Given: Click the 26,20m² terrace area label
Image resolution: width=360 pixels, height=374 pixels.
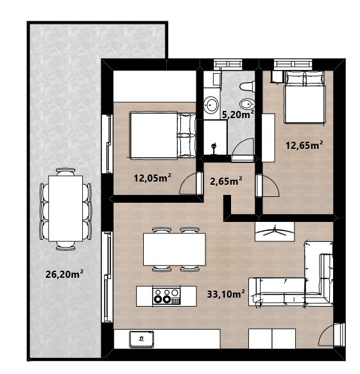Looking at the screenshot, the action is [x=64, y=274].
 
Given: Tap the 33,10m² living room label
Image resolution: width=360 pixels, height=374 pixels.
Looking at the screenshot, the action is [x=226, y=294].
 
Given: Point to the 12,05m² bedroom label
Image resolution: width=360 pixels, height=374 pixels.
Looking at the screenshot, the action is [x=153, y=178].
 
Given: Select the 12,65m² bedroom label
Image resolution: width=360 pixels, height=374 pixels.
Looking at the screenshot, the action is [x=305, y=145].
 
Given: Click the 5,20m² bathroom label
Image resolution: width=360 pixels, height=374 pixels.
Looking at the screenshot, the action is [x=238, y=114].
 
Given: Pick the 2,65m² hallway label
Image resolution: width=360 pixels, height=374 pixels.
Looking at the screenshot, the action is [x=226, y=181].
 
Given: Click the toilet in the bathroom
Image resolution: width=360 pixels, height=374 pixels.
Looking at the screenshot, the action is [x=247, y=86].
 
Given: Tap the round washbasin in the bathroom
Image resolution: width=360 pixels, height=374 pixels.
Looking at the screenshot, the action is [x=211, y=105].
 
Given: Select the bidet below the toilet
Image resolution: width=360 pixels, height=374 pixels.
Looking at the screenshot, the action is [x=247, y=104].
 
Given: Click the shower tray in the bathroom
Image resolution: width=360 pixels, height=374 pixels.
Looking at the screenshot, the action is [x=215, y=138].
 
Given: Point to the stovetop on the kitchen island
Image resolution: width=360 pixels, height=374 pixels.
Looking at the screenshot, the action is [x=166, y=296].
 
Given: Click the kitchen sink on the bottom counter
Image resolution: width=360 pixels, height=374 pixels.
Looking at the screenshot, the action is [x=141, y=339].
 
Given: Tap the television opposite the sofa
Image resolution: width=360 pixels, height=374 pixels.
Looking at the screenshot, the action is [x=275, y=232].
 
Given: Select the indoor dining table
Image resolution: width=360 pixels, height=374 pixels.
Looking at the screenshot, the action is [x=175, y=250].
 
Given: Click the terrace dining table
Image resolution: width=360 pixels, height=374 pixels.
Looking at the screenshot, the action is [x=65, y=208].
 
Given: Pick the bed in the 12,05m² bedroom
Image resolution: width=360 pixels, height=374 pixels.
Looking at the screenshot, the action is [x=163, y=135].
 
